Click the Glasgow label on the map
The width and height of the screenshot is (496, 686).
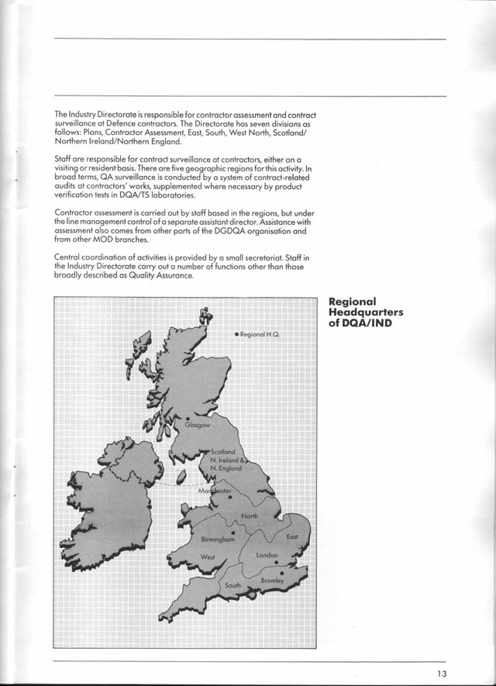[x=197, y=425]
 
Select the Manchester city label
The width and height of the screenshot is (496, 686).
[x=215, y=491]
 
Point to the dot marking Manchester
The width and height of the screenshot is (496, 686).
[x=229, y=498]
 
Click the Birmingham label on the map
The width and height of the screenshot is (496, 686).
[x=218, y=540]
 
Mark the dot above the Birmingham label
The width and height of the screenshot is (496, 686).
[x=232, y=533]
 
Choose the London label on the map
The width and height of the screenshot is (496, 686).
[x=267, y=555]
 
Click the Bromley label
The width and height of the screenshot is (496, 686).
[x=272, y=581]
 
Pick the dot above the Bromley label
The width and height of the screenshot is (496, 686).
[x=281, y=574]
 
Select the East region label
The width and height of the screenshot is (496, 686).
[x=292, y=537]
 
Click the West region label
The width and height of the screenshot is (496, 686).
[x=208, y=557]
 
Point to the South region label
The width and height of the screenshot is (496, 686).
[x=233, y=585]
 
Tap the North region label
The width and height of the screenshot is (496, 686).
[x=250, y=516]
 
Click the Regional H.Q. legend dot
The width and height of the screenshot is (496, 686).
[x=236, y=334]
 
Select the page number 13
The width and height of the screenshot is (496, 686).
[x=441, y=674]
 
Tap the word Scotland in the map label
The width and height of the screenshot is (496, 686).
[x=223, y=452]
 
